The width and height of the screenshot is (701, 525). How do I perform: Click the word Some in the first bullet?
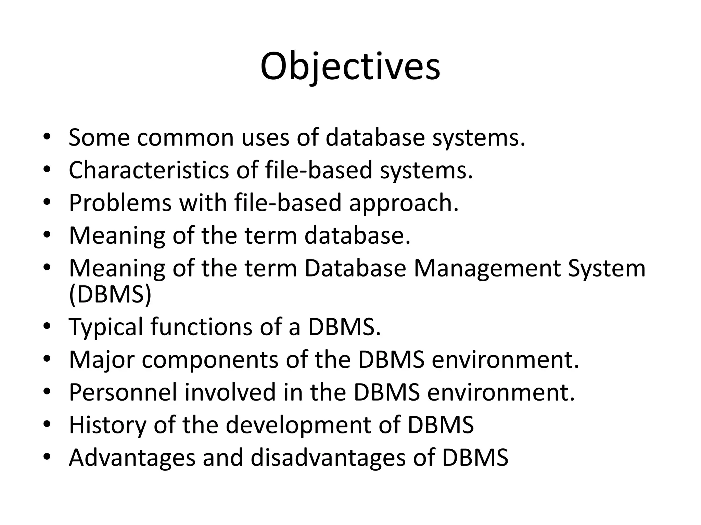tap(99, 137)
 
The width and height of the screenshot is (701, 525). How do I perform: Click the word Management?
tap(486, 268)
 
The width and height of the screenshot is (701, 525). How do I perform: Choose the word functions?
tap(201, 326)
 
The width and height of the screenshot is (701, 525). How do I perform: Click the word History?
tap(107, 425)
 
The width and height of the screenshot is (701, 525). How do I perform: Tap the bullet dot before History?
tap(47, 424)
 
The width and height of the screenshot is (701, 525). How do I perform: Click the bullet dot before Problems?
tap(47, 202)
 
